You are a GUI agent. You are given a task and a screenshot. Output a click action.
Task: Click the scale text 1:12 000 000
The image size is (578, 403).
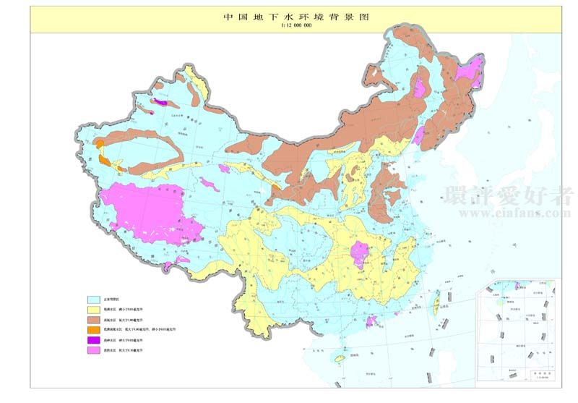[x=296, y=25]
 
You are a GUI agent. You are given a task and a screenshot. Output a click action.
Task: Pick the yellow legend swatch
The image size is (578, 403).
[x=93, y=309]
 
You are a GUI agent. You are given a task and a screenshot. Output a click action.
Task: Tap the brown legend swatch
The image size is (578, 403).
[x=93, y=319]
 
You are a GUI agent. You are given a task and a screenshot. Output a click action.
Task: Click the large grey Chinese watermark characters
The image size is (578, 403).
[x=509, y=195]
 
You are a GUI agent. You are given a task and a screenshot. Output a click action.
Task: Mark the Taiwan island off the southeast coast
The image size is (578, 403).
[x=434, y=308]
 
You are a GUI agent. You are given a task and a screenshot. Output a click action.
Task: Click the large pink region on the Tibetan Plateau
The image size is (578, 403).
[x=152, y=210]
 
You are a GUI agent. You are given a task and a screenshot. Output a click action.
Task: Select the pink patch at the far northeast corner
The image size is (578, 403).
[x=470, y=72]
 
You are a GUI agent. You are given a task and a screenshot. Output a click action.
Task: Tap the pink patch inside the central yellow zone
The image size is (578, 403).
[x=359, y=254]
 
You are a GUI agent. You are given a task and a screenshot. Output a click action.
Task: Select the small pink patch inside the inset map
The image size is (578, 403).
[x=517, y=286]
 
